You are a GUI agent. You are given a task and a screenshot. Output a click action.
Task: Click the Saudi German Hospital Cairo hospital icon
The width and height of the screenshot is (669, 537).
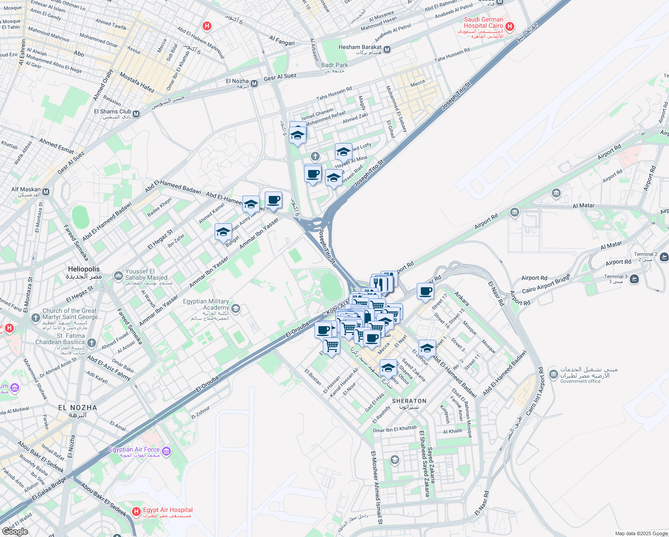pos(509,27)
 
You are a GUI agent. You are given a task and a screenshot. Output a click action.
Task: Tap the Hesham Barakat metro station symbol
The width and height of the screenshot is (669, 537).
pos(387,50)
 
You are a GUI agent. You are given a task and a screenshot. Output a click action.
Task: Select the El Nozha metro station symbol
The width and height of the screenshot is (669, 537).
pos(254,84)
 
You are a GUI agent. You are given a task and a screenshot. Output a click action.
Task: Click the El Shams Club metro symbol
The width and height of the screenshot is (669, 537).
pos(136,114)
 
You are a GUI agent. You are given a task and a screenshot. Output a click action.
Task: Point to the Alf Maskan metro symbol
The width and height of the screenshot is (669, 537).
pos(46,192)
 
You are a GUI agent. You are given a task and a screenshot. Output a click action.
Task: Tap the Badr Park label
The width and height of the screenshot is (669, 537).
pos(334,65)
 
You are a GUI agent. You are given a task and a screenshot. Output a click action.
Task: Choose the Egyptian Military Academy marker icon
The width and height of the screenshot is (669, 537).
pos(236,308)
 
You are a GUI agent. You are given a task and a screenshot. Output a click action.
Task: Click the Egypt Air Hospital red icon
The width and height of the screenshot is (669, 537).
pos(136,511)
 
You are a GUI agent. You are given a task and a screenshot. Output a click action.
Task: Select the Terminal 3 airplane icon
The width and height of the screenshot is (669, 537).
pos(634,279)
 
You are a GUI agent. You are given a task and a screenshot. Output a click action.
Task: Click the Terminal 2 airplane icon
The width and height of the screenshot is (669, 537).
pos(664,257)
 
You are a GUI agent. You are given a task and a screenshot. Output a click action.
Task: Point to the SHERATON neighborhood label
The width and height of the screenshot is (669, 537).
pos(409,401)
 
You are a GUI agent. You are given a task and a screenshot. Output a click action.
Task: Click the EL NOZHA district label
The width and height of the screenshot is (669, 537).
pos(77,408)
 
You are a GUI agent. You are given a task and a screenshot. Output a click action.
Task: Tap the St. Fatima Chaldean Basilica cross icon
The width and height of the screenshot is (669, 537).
pos(92,343)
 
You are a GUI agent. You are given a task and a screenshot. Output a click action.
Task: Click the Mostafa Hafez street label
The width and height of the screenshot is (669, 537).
pos(137,82)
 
